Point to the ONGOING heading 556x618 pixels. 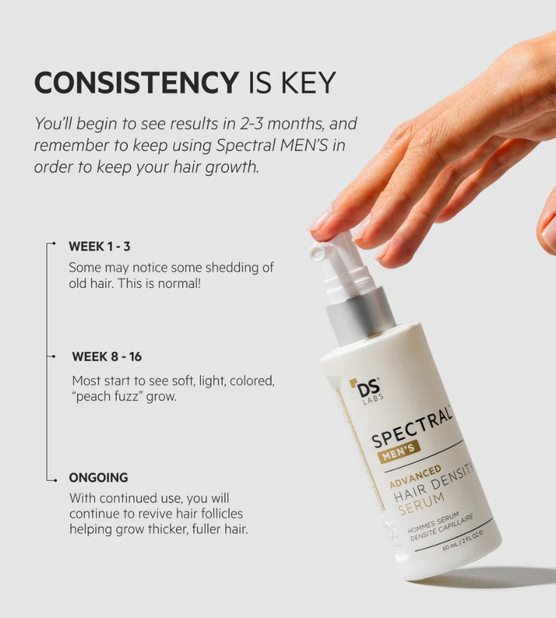pos(98,477)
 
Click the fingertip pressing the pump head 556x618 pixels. pos(323,226)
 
